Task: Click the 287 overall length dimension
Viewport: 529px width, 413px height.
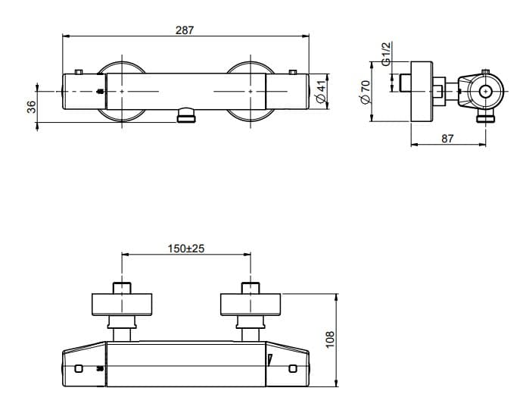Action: point(185,30)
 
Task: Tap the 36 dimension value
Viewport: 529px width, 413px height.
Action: point(31,107)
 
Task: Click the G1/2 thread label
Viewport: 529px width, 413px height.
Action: point(386,54)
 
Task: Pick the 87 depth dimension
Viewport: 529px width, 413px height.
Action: point(447,139)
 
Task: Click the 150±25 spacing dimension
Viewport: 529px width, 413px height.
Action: point(186,249)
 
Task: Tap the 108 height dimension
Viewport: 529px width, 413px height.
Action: point(330,339)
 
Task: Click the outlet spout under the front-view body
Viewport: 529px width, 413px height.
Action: point(186,115)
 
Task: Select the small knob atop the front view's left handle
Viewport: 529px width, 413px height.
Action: point(79,71)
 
